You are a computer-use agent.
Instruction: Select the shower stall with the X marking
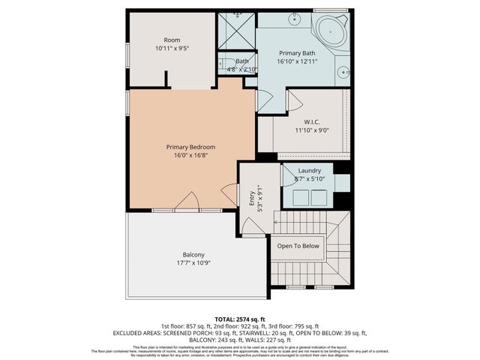(x=236, y=30)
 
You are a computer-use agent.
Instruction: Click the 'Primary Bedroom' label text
(x=190, y=147)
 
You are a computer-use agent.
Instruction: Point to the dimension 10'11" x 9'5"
(x=172, y=48)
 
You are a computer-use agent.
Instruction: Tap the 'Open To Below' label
(x=298, y=246)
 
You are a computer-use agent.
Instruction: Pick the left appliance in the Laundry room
(x=301, y=196)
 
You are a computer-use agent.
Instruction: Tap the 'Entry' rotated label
(x=252, y=198)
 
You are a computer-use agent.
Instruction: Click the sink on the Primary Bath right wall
(x=343, y=73)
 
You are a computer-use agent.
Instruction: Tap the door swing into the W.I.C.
(x=295, y=99)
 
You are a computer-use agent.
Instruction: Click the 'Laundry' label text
(x=309, y=172)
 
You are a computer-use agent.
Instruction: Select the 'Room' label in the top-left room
(x=172, y=40)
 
